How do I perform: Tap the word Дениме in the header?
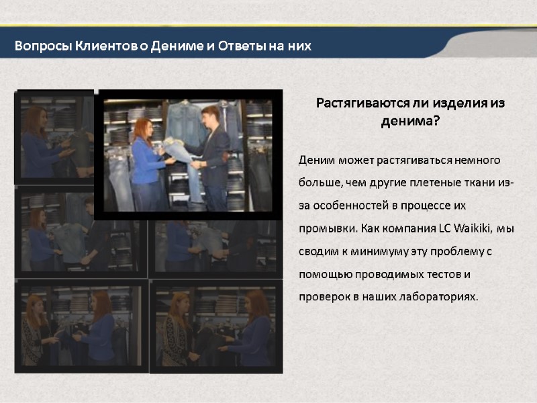pos(177,46)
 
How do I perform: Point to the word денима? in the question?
pos(410,122)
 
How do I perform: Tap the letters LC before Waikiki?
pos(444,228)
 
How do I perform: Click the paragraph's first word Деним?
pos(313,160)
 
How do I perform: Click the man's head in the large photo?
pos(210,115)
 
